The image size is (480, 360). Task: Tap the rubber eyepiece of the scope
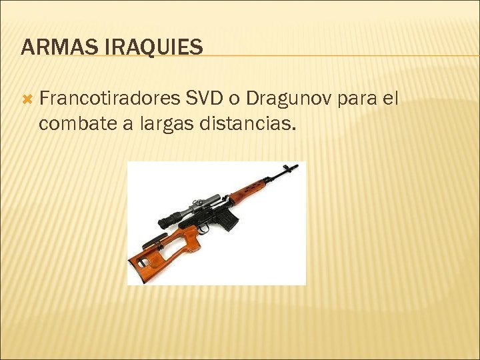(x=165, y=221)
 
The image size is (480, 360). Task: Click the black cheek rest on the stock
(x=153, y=239)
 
